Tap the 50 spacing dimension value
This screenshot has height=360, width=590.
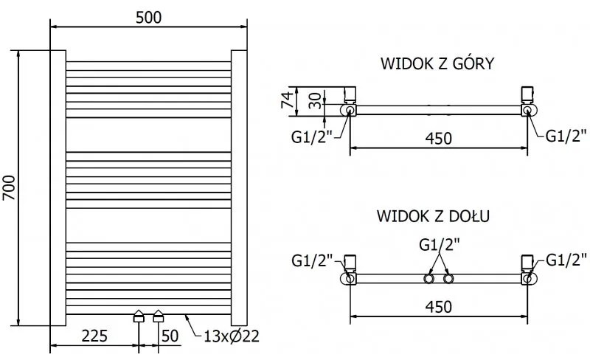(x=170, y=337)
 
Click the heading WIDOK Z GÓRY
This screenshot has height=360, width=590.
(x=437, y=64)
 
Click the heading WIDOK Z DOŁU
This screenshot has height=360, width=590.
(x=433, y=217)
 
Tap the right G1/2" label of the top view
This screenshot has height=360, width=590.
(x=565, y=135)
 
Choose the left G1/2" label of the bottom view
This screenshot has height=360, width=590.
(x=312, y=260)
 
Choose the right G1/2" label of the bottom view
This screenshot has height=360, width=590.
(x=566, y=260)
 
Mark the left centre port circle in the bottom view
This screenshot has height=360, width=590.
(x=428, y=279)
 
